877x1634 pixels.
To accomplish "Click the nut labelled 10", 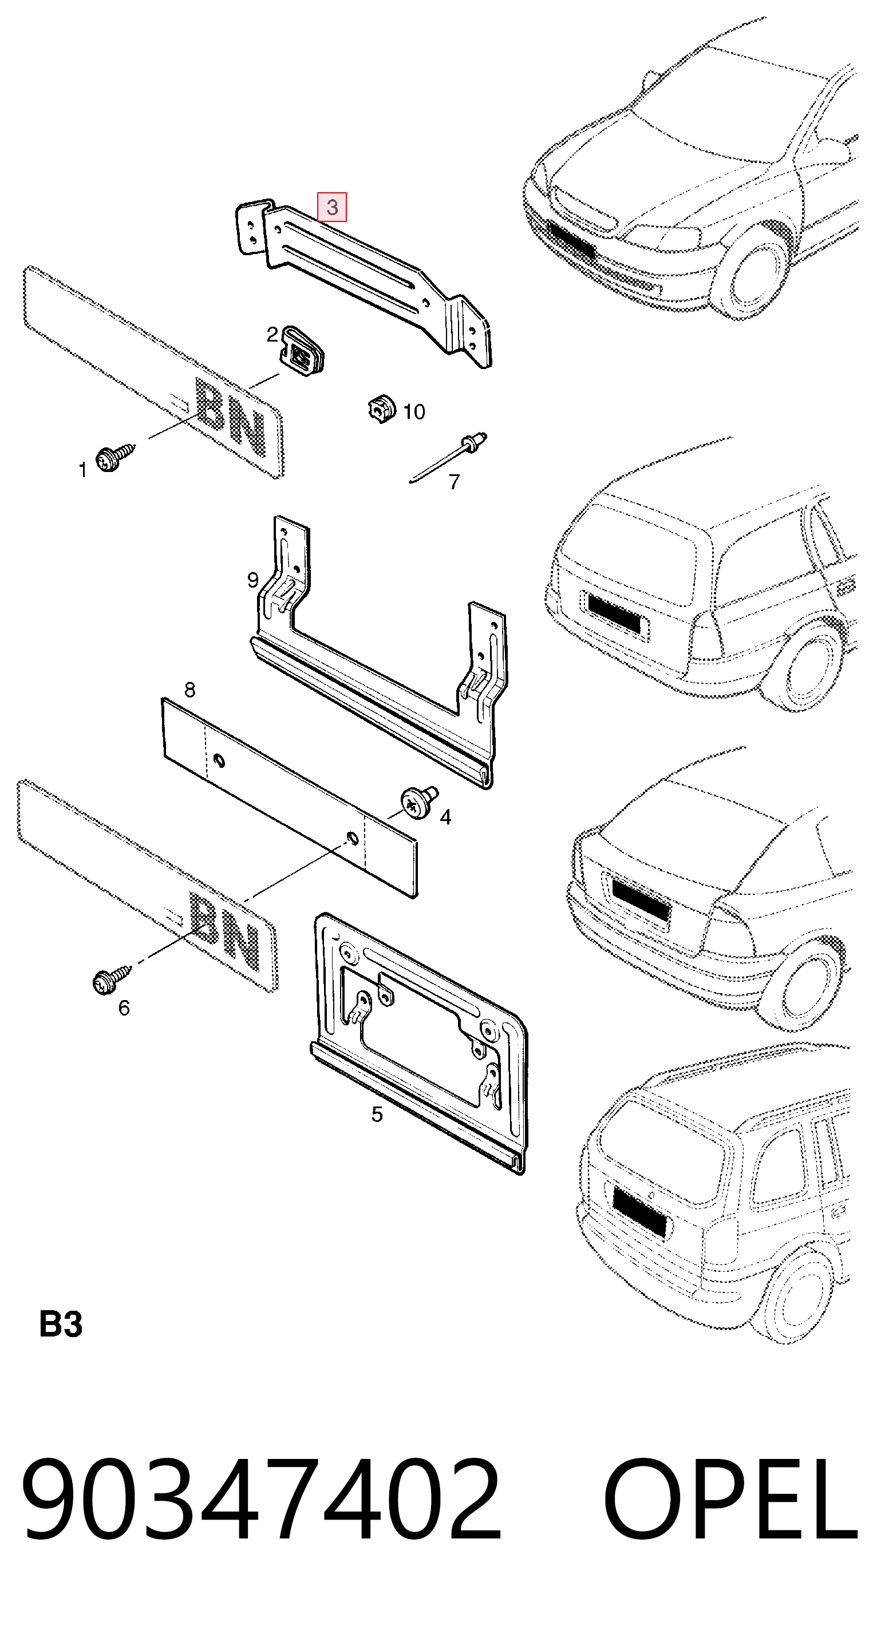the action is [382, 408].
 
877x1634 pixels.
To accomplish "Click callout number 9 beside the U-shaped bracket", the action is [252, 580].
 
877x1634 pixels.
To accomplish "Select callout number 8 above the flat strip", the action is [189, 689].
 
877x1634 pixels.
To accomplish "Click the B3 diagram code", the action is [61, 1324].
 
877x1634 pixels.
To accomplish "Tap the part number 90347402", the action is [262, 1497].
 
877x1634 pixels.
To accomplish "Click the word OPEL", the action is [730, 1497].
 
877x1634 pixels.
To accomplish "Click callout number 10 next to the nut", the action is [414, 412].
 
